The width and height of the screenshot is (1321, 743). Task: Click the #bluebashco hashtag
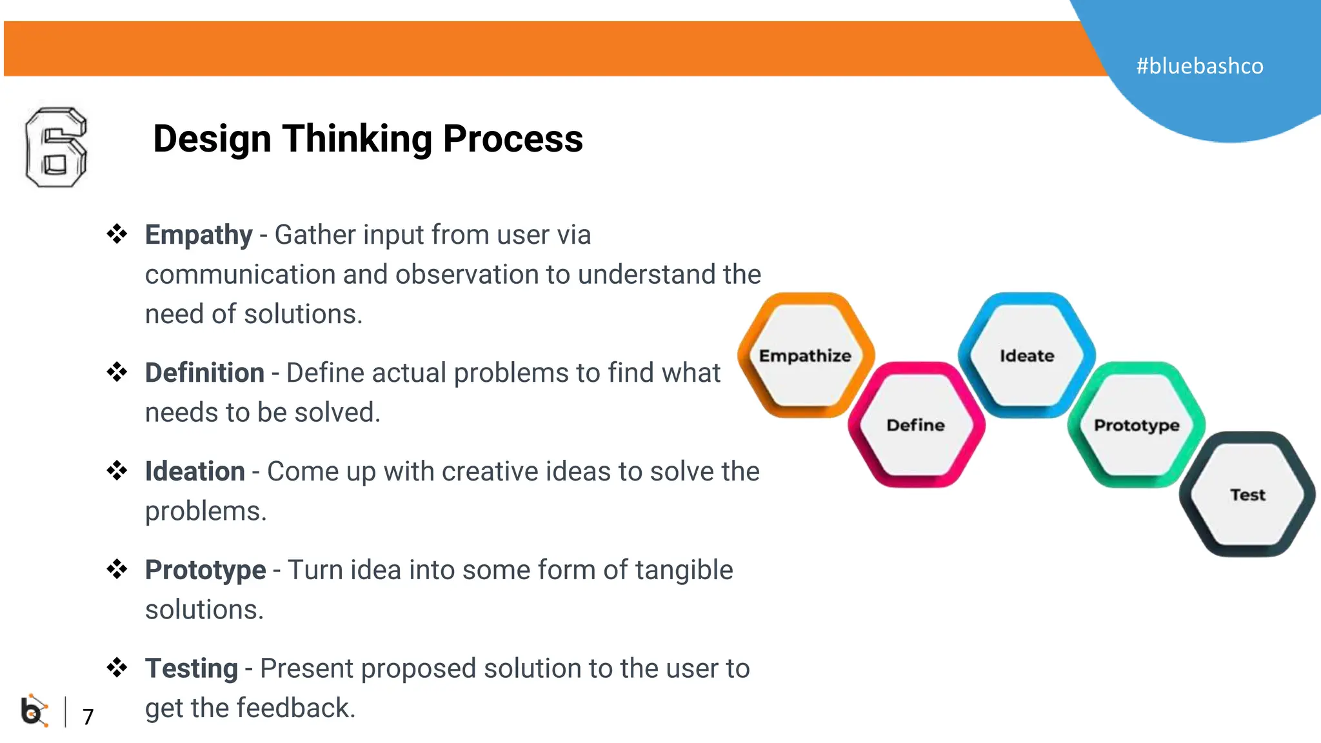pyautogui.click(x=1199, y=66)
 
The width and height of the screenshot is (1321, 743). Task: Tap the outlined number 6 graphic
pyautogui.click(x=55, y=148)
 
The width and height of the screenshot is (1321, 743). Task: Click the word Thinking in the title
pyautogui.click(x=357, y=139)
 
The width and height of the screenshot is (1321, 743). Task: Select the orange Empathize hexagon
pyautogui.click(x=805, y=355)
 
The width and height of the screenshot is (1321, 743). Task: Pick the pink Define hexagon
pyautogui.click(x=915, y=425)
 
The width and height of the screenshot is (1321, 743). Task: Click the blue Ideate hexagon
pyautogui.click(x=1026, y=355)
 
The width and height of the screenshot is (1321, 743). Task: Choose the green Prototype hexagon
pyautogui.click(x=1137, y=425)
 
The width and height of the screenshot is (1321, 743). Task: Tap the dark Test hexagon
pyautogui.click(x=1247, y=495)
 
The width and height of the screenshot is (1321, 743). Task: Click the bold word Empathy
pyautogui.click(x=198, y=235)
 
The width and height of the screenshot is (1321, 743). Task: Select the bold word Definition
pyautogui.click(x=204, y=373)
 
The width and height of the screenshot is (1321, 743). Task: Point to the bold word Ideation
pyautogui.click(x=195, y=471)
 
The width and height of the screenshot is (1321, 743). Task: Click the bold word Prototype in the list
pyautogui.click(x=205, y=570)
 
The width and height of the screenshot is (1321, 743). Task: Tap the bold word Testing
pyautogui.click(x=191, y=669)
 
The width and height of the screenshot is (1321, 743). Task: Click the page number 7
pyautogui.click(x=88, y=717)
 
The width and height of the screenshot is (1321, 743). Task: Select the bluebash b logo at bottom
pyautogui.click(x=34, y=711)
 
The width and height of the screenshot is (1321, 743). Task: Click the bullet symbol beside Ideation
pyautogui.click(x=117, y=470)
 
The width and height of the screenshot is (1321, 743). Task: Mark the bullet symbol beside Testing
pyautogui.click(x=117, y=668)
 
